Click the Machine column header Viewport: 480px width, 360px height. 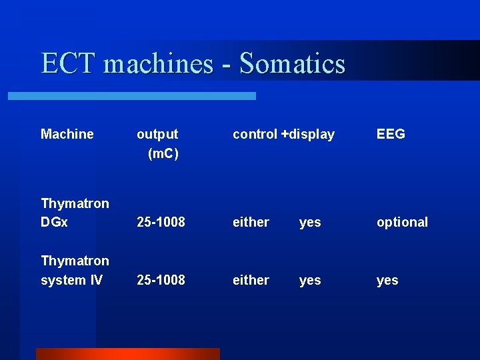[67, 134]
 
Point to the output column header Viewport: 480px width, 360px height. [157, 134]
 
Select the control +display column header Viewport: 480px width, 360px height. [283, 134]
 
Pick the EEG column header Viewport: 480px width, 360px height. [391, 134]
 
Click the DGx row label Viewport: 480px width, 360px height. [54, 222]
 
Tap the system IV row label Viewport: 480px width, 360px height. [71, 280]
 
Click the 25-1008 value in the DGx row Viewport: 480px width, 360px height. [161, 222]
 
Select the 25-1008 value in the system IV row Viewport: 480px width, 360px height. [161, 280]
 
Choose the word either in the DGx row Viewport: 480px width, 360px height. [251, 222]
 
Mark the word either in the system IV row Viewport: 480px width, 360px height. [251, 280]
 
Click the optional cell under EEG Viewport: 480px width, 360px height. [402, 222]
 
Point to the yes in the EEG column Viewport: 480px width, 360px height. [387, 281]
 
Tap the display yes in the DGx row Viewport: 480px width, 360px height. [310, 223]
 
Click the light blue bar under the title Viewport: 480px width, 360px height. [131, 96]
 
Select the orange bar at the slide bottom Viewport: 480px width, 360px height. [127, 353]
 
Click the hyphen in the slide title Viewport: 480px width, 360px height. [227, 65]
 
